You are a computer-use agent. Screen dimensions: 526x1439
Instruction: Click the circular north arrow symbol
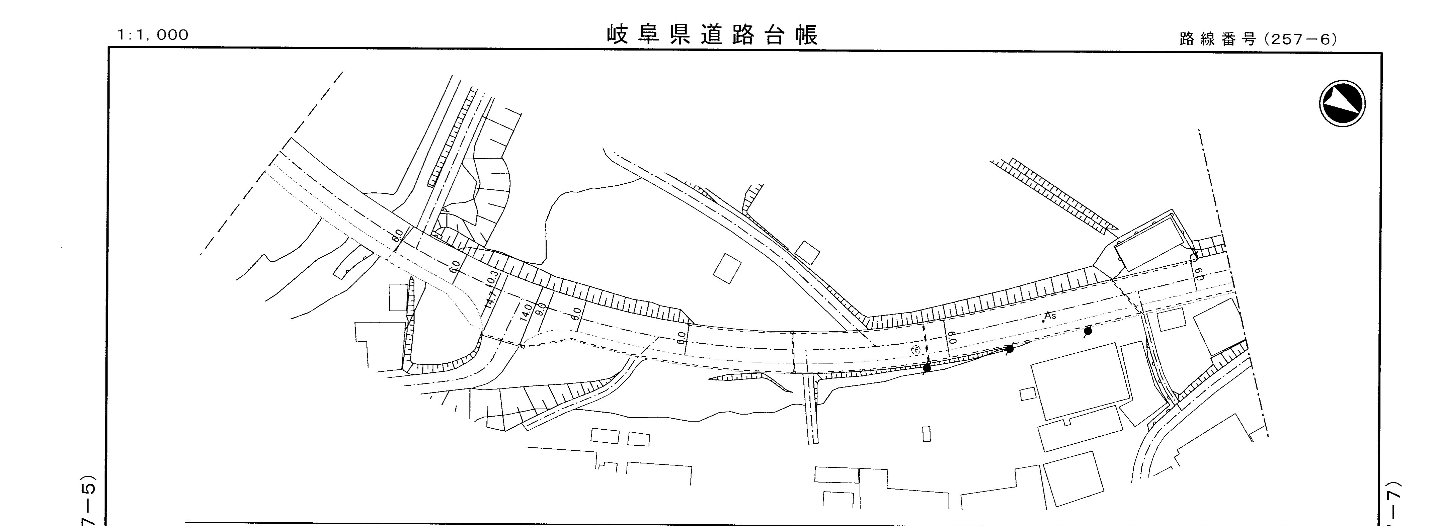pos(1342,103)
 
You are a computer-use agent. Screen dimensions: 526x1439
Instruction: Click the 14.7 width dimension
pos(491,299)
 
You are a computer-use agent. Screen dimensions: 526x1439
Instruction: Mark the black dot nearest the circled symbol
pos(927,368)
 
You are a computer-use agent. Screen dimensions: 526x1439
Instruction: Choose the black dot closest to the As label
pos(1088,331)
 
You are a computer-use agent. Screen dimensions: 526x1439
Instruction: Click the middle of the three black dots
pos(1009,349)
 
